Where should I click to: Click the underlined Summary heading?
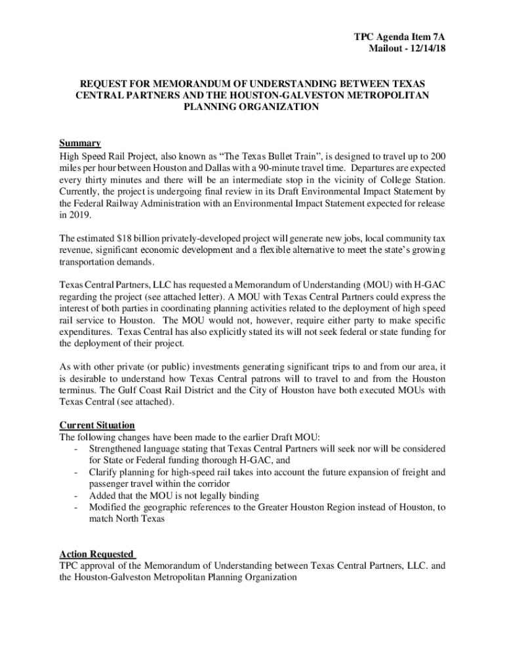(80, 144)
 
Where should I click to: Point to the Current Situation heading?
(97, 425)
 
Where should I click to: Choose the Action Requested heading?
(96, 554)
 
